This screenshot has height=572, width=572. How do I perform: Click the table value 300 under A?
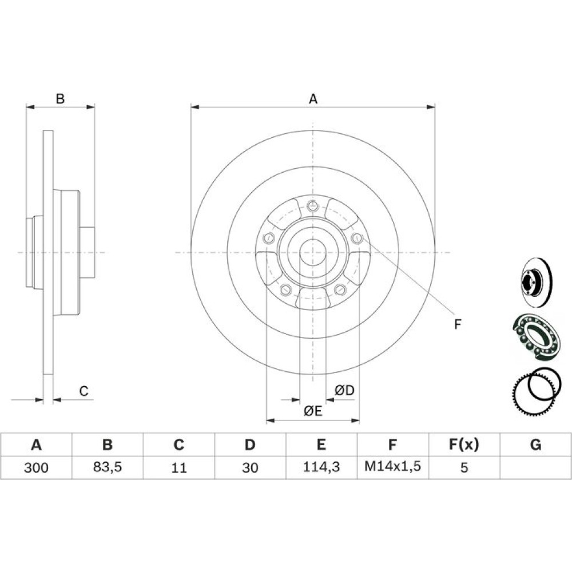[x=36, y=467]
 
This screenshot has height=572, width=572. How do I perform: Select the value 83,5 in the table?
[x=108, y=467]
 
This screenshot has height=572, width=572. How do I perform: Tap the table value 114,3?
[x=321, y=467]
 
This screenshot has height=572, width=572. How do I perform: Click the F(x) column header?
[x=464, y=444]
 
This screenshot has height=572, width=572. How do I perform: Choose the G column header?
[x=535, y=444]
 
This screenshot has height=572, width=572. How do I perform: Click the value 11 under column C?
[x=178, y=467]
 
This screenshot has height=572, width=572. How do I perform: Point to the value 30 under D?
[x=250, y=467]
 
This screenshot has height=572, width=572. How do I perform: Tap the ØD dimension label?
[x=344, y=390]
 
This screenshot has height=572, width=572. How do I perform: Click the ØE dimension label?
[x=313, y=411]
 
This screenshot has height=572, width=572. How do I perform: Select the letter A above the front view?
[x=313, y=98]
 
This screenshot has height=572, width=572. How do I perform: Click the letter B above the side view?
[x=60, y=98]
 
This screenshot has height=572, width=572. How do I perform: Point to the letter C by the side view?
[x=84, y=391]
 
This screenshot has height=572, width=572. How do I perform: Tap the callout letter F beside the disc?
[x=458, y=324]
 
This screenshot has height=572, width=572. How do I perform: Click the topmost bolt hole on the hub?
[x=313, y=206]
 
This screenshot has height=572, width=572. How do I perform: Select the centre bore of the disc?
[x=313, y=252]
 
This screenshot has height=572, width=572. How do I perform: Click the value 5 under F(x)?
[x=464, y=467]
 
